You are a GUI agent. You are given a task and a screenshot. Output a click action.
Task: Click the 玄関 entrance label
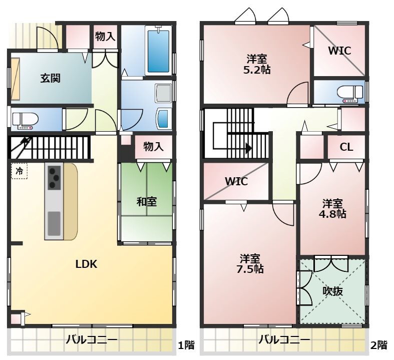[x=51, y=79]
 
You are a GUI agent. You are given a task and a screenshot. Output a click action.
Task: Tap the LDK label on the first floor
[x=86, y=264]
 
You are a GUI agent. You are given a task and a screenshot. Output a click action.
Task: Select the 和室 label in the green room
[x=147, y=201]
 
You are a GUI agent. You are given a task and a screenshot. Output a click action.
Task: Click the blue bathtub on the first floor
[x=158, y=51]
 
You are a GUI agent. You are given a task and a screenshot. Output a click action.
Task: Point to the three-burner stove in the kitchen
[x=54, y=178]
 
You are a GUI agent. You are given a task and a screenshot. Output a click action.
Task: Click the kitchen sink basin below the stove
[x=54, y=224]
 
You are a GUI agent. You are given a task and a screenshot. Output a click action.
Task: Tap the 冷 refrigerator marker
[x=19, y=171]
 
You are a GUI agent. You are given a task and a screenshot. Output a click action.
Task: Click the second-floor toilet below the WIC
[x=350, y=94]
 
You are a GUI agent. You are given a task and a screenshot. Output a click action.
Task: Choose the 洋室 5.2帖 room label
[x=257, y=64]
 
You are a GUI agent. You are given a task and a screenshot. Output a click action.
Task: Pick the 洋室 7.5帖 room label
[x=250, y=263]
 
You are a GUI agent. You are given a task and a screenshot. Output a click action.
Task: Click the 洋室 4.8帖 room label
[x=332, y=208]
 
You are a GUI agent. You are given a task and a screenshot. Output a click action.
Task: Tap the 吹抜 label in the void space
[x=332, y=291]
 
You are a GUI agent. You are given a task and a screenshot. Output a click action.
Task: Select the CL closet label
[x=346, y=147]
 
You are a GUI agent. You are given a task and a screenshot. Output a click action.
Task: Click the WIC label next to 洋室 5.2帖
[x=339, y=51]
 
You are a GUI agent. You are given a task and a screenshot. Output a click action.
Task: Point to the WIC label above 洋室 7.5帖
[x=236, y=181]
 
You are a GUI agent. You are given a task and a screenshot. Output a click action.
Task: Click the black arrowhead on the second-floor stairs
[x=249, y=148]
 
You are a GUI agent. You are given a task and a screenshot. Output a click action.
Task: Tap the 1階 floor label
[x=186, y=345]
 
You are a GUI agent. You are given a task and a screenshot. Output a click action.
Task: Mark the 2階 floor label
[x=378, y=345]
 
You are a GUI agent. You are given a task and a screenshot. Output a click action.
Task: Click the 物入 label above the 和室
[x=153, y=147]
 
